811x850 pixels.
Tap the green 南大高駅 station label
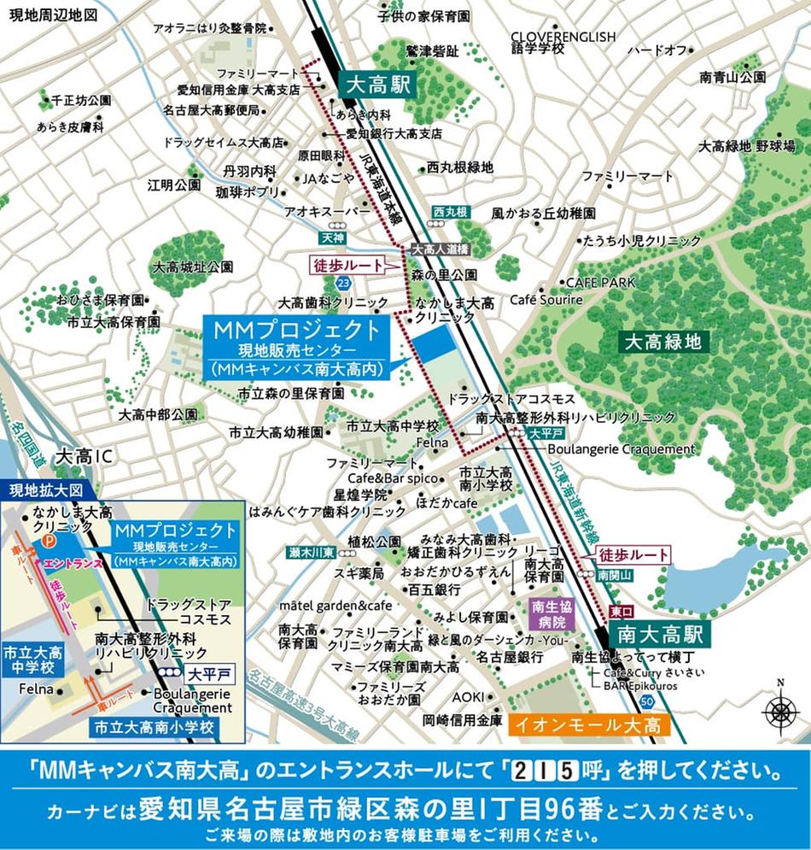pyautogui.click(x=660, y=636)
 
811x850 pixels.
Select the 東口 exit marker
pyautogui.click(x=622, y=613)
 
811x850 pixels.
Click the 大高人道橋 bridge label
pyautogui.click(x=440, y=249)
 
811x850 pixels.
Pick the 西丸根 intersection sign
pyautogui.click(x=450, y=211)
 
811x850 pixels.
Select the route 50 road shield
pyautogui.click(x=648, y=701)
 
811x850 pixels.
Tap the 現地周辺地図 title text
pyautogui.click(x=49, y=14)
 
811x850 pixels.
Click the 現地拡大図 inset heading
pyautogui.click(x=45, y=490)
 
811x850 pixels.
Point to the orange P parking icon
pyautogui.click(x=50, y=542)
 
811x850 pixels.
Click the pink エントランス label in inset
pyautogui.click(x=73, y=565)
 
